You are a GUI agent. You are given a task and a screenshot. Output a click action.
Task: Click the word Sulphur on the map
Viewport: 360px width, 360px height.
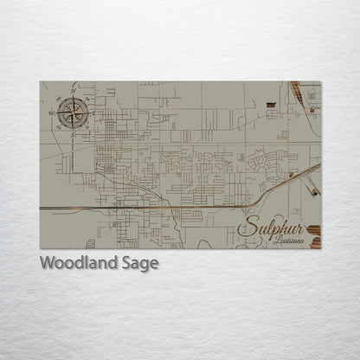tap(270, 228)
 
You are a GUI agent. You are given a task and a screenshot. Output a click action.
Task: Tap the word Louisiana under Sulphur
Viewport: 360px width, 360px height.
tap(288, 241)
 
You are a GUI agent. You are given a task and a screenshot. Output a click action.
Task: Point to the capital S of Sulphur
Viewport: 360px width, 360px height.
tap(247, 228)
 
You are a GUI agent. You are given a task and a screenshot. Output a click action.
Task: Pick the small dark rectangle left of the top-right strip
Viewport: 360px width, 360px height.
tap(271, 104)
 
